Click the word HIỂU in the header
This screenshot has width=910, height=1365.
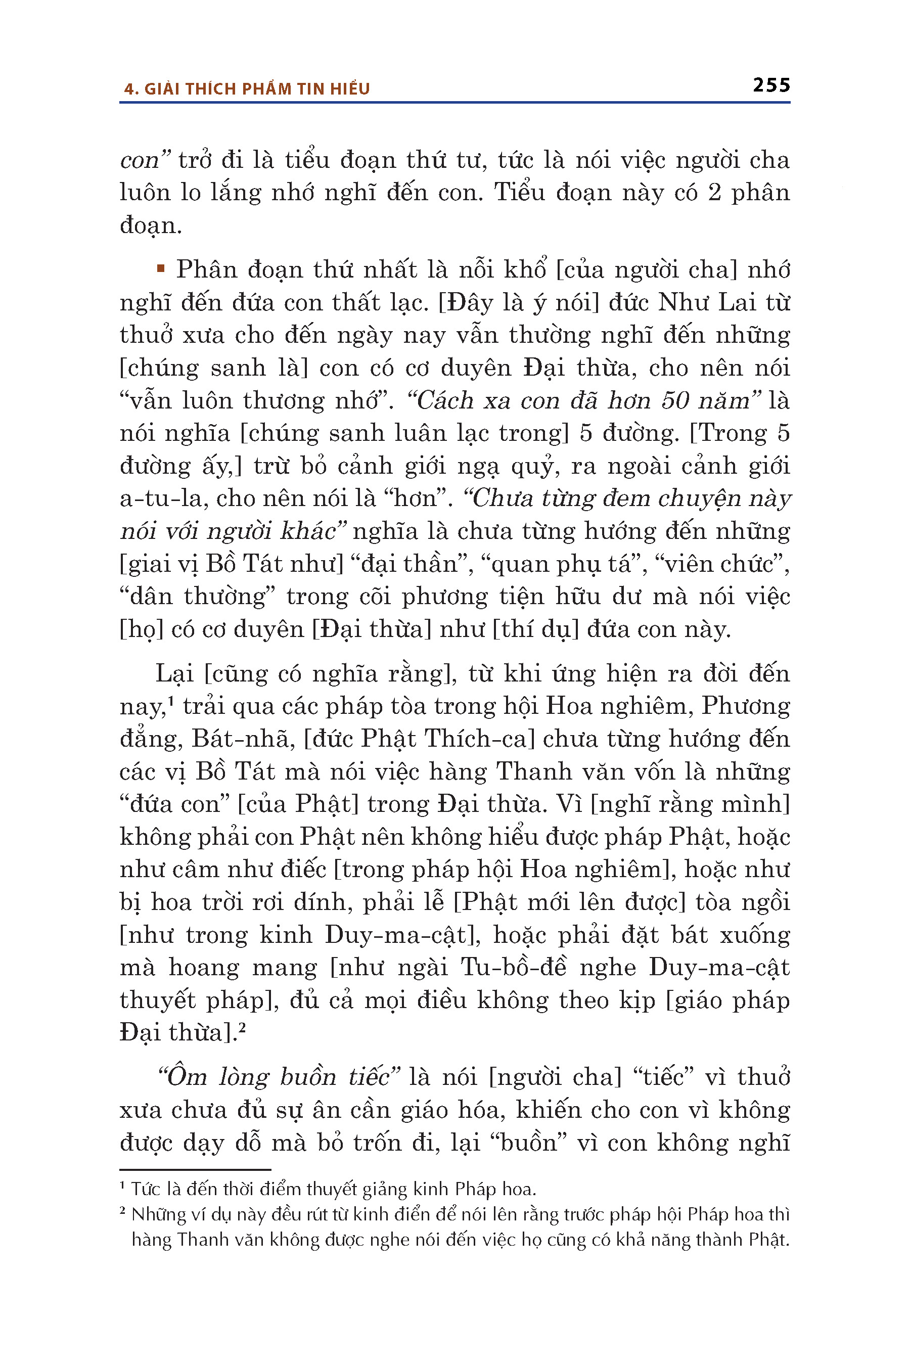tap(350, 89)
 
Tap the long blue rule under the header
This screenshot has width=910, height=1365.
tap(454, 103)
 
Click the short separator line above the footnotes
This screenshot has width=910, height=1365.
tap(195, 1169)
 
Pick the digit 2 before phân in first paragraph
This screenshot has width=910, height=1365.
tap(714, 192)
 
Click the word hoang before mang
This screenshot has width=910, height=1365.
tap(204, 968)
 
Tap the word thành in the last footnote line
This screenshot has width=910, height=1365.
tap(719, 1240)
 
